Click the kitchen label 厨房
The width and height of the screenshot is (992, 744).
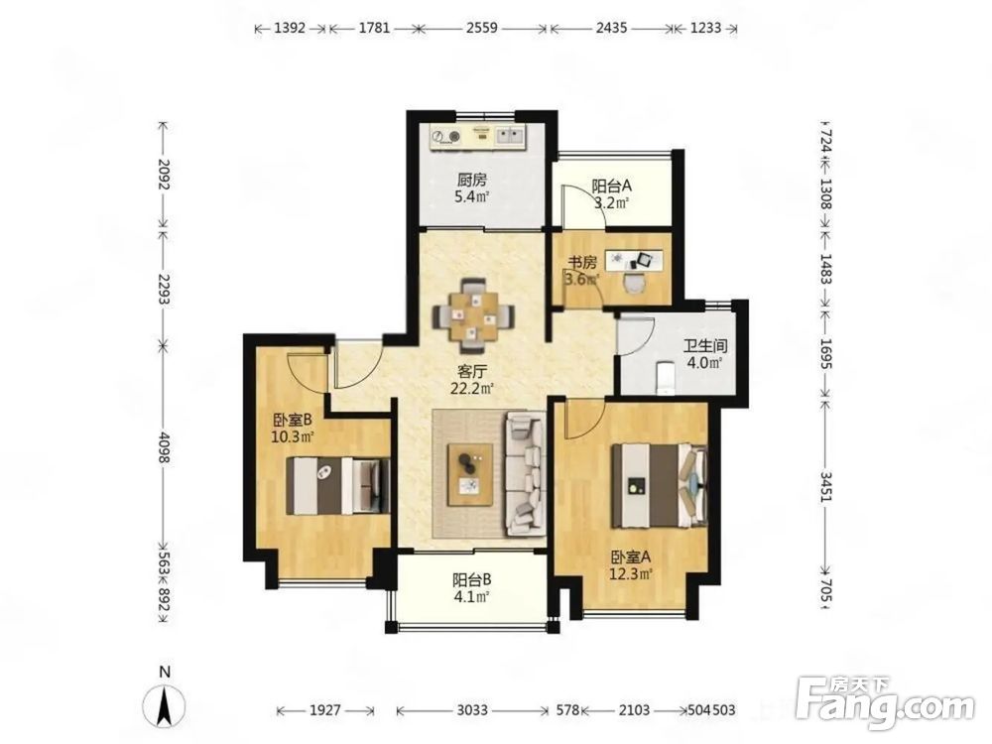[x=473, y=181]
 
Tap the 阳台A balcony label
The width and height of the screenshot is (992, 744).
[x=612, y=186]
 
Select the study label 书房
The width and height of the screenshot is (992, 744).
[x=581, y=262]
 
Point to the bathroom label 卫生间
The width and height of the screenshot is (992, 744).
[x=705, y=346]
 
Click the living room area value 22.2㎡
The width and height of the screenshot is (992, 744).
[x=472, y=389]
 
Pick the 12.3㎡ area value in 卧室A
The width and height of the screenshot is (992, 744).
[x=631, y=573]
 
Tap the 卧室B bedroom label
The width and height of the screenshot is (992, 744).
[x=293, y=420]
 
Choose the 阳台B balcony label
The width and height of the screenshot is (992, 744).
[x=472, y=579]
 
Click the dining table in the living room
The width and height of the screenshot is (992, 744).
[x=473, y=315]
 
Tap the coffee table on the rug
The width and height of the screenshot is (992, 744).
[x=470, y=474]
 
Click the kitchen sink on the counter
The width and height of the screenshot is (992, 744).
[x=510, y=135]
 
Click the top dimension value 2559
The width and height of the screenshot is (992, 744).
[x=482, y=28]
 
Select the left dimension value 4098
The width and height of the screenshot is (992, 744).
[x=164, y=446]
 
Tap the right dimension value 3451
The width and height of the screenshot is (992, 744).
[x=825, y=486]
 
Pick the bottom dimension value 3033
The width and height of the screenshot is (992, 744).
[x=472, y=710]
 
